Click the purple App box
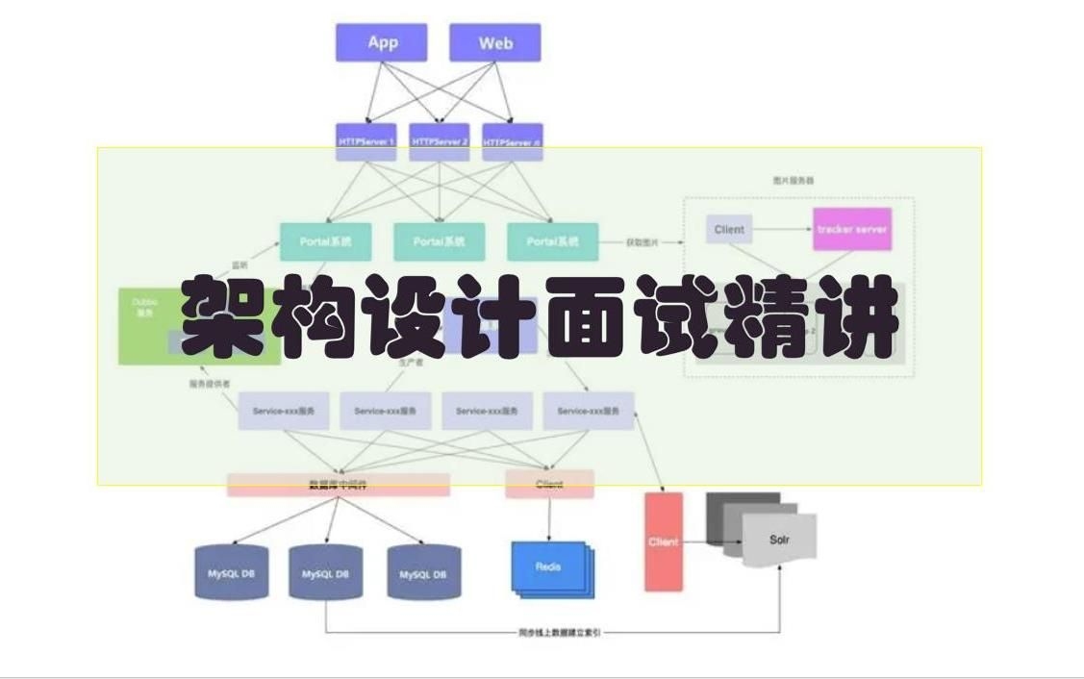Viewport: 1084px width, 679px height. (x=382, y=43)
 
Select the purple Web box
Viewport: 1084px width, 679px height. (x=495, y=43)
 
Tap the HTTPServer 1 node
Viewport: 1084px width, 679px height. (x=366, y=141)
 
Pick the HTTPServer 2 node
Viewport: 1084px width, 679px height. (x=440, y=141)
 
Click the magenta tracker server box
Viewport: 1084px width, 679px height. (x=851, y=230)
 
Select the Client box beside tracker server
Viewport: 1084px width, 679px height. (x=730, y=230)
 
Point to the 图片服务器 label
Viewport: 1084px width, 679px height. (x=794, y=180)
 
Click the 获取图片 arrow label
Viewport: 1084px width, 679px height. (x=642, y=242)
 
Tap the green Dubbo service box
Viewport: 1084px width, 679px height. (x=144, y=325)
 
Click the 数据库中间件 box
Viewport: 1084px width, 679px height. (x=338, y=485)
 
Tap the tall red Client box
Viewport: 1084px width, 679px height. (x=663, y=541)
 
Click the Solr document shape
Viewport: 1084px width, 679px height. (x=779, y=539)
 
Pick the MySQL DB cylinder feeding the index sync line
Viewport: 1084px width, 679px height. (x=325, y=574)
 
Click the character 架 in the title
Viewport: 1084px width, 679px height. (x=224, y=318)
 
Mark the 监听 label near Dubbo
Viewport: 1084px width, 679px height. (x=240, y=264)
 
